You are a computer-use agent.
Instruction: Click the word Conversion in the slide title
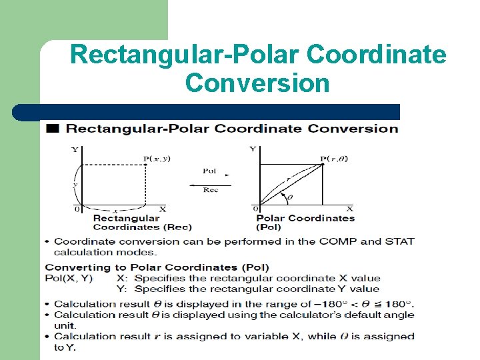[257, 83]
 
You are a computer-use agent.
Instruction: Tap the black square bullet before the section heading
[52, 128]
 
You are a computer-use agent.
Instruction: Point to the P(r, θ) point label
[333, 159]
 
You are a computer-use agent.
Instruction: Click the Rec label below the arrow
[211, 189]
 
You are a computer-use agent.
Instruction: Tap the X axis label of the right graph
[349, 209]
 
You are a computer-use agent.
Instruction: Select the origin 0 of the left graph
[77, 209]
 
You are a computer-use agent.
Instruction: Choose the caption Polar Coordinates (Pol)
[305, 223]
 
